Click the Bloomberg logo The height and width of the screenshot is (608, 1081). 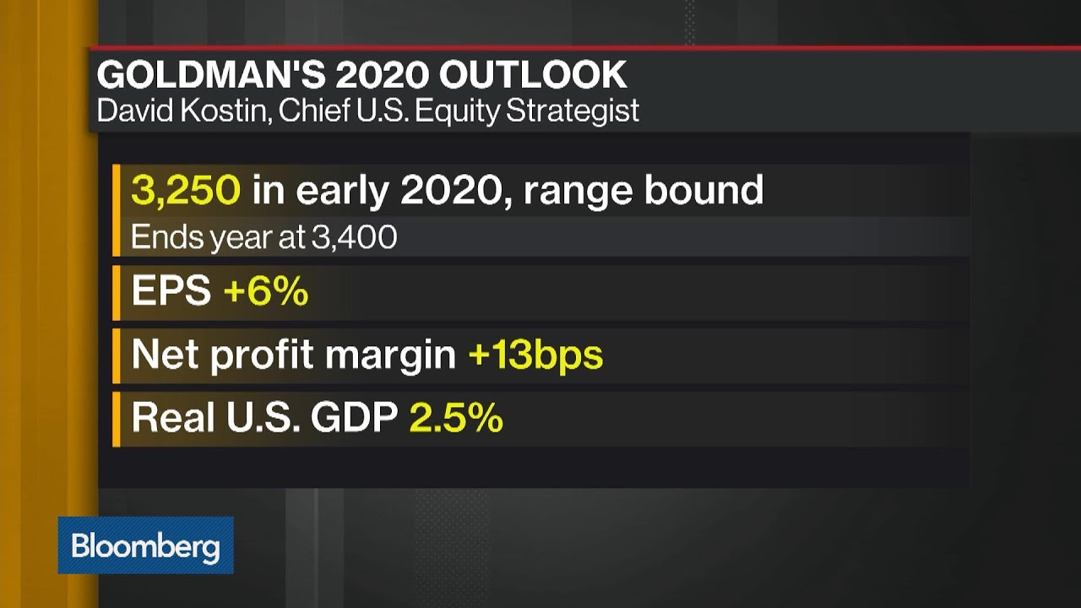pos(145,546)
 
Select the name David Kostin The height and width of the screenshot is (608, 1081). pos(176,111)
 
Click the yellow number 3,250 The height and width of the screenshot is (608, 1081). pos(186,191)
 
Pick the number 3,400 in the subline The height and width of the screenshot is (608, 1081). pos(354,237)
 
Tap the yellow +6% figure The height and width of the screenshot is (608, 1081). pos(265,291)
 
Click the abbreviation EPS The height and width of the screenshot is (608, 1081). pos(171,291)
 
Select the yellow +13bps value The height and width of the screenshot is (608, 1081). pos(535,355)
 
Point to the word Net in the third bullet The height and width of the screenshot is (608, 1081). pos(165,355)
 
